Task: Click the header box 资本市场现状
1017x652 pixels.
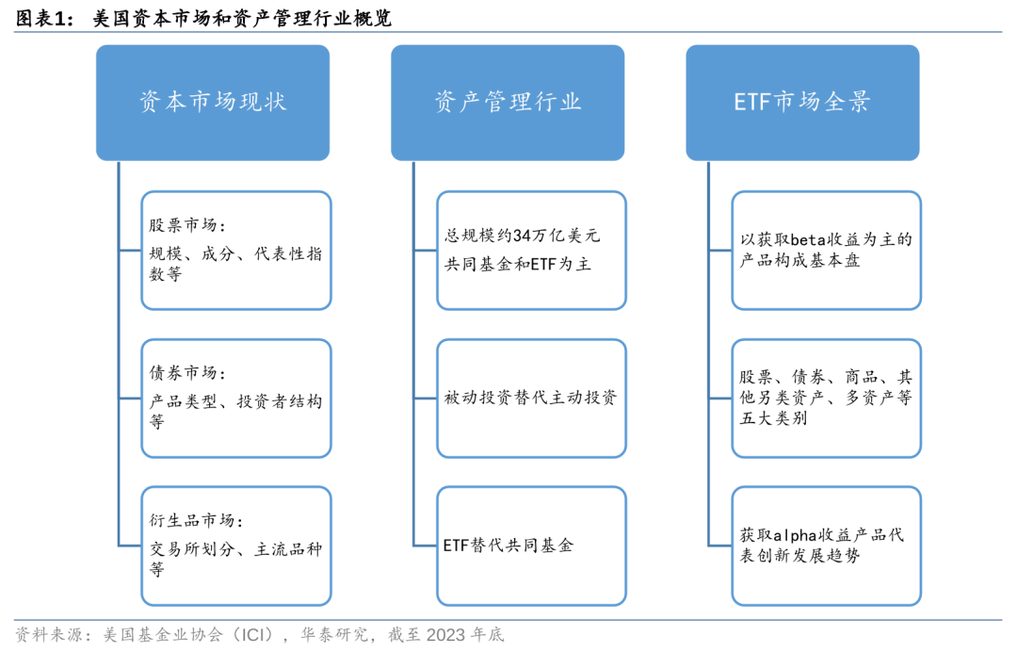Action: coord(213,102)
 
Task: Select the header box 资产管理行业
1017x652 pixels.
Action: coord(508,102)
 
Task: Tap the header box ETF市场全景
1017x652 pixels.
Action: coord(802,102)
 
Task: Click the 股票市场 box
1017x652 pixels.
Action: coord(236,250)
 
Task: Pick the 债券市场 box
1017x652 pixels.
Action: coord(236,398)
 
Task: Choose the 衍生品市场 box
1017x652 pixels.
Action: coord(236,545)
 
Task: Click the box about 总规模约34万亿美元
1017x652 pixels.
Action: coord(531,250)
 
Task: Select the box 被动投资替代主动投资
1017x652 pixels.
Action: coord(531,398)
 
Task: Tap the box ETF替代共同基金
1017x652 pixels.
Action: coord(531,545)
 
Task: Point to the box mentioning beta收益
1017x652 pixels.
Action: coord(826,250)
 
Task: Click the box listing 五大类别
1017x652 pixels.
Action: coord(826,398)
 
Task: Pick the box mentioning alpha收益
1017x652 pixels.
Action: coord(826,545)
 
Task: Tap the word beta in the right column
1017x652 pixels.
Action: coord(808,239)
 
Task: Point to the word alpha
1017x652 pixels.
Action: coord(796,535)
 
